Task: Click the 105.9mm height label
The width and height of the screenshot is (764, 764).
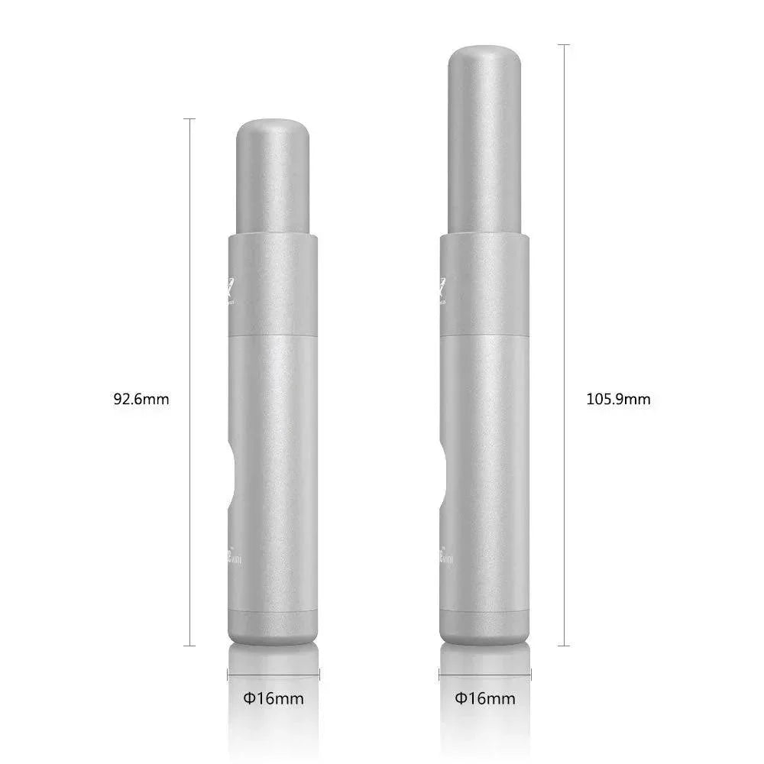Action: click(618, 398)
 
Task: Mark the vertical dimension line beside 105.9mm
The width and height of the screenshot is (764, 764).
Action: click(565, 229)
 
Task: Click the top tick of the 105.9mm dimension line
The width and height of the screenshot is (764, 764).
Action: click(565, 45)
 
